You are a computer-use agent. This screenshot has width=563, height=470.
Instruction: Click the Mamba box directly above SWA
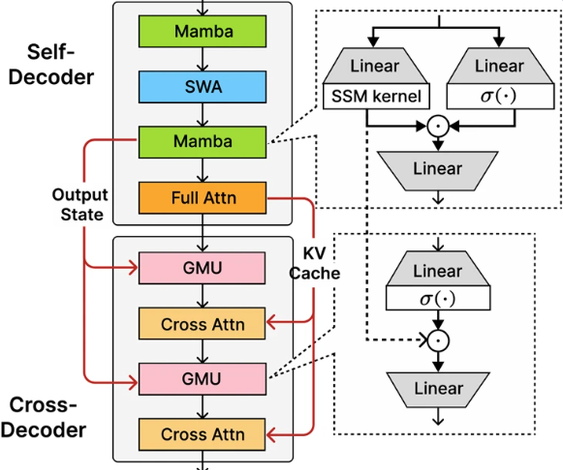click(x=203, y=31)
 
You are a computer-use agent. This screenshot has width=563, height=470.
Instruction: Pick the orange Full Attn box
click(x=203, y=198)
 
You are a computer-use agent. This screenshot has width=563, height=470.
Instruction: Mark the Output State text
click(x=79, y=204)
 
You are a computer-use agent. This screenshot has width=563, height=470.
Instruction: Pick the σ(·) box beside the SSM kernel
click(x=499, y=97)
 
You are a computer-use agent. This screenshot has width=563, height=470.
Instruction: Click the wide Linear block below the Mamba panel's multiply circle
click(x=437, y=169)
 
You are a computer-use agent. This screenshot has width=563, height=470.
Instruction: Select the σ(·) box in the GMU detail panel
click(x=437, y=298)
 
